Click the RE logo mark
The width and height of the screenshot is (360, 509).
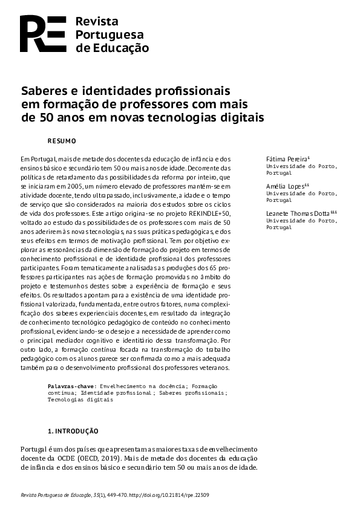point(42,34)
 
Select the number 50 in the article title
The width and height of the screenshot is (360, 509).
point(47,118)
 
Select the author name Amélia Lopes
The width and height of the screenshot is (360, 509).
point(286,186)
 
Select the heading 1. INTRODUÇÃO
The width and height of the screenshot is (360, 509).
point(73,432)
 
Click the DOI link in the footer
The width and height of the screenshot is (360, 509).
point(176,495)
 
